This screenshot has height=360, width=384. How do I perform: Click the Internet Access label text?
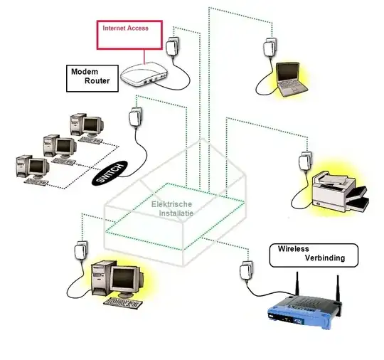[125, 28]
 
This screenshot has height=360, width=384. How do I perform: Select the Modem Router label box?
[92, 78]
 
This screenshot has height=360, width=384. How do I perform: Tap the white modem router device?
[144, 75]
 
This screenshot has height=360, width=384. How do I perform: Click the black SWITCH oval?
[110, 173]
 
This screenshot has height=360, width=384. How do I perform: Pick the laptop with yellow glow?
[292, 80]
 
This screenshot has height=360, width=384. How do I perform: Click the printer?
[340, 191]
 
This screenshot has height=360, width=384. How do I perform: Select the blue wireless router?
[305, 311]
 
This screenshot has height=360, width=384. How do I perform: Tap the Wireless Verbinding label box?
[314, 255]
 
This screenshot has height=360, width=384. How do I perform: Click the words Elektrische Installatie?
[172, 208]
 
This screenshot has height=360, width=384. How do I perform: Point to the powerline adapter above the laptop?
[270, 48]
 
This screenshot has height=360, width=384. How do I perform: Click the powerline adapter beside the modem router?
[173, 46]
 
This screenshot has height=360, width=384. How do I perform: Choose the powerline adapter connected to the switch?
[135, 117]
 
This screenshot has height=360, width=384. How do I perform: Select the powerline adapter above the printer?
[305, 162]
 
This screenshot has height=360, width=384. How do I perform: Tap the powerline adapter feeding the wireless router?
[246, 271]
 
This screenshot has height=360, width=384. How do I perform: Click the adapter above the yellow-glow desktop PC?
[81, 251]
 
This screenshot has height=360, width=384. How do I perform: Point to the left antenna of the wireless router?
[297, 285]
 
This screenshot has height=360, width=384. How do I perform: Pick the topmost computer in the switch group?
[87, 127]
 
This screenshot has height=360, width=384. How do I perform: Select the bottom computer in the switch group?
[33, 169]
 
